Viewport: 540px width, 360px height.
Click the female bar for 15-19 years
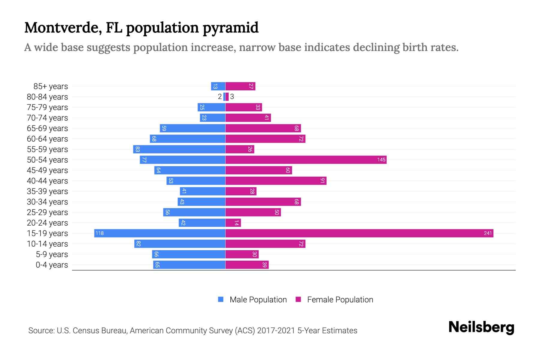pos(359,233)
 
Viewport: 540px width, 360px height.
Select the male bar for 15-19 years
pos(160,233)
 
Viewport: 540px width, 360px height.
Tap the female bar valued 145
pos(306,160)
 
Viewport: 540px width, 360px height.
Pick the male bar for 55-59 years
pos(179,149)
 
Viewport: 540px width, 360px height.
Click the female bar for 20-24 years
pos(233,223)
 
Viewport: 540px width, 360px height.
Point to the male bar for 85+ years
pos(218,86)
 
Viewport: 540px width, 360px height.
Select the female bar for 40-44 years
pos(276,181)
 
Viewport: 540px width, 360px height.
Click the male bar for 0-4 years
pos(189,265)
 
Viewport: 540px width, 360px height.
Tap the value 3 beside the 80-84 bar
pos(232,97)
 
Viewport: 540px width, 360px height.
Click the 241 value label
pos(488,233)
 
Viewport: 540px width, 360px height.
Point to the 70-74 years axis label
pos(47,118)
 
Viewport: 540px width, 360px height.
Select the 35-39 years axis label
pos(47,191)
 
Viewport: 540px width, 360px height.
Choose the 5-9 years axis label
pos(52,254)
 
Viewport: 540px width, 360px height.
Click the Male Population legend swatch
pos(221,299)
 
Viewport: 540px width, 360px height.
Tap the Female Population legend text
pos(340,300)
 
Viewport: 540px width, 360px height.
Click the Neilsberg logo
pos(481,327)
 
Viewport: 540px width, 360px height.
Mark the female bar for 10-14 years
pos(265,244)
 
